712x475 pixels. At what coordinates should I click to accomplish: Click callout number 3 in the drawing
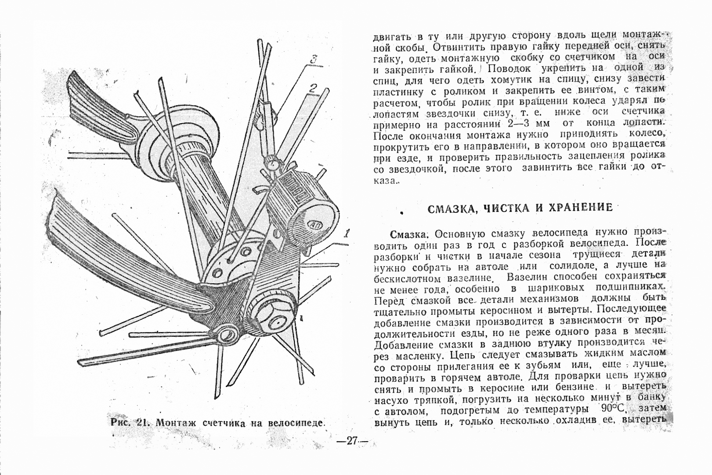(313, 60)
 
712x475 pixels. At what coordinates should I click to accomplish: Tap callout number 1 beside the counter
(346, 234)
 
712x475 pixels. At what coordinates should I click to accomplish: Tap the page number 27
(352, 440)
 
